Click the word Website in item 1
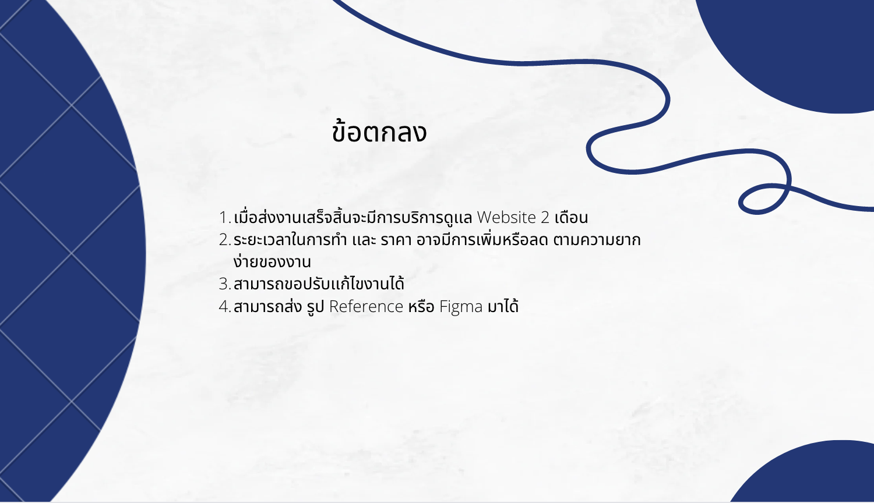click(x=506, y=217)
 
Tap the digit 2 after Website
click(x=545, y=218)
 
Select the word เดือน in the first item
click(x=571, y=218)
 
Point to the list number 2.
click(x=225, y=240)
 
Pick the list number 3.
click(x=225, y=284)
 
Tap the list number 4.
click(x=225, y=307)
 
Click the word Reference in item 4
click(x=366, y=306)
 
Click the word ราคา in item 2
click(x=396, y=240)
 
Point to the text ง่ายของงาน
click(x=272, y=261)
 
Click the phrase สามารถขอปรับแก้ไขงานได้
click(x=319, y=283)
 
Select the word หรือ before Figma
click(x=421, y=306)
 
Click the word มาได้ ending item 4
click(x=503, y=306)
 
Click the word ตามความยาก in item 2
click(x=597, y=240)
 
